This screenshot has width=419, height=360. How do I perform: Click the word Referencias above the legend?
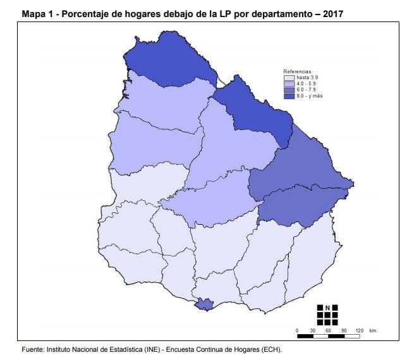[x=297, y=71]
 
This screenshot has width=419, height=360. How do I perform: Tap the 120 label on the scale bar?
[x=360, y=330]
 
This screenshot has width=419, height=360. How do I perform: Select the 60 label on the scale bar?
[x=328, y=330]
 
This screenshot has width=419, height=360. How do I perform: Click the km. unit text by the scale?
[x=374, y=330]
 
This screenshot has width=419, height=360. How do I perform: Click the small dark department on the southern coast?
[x=203, y=304]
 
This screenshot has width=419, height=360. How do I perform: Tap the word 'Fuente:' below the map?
[x=33, y=349]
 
